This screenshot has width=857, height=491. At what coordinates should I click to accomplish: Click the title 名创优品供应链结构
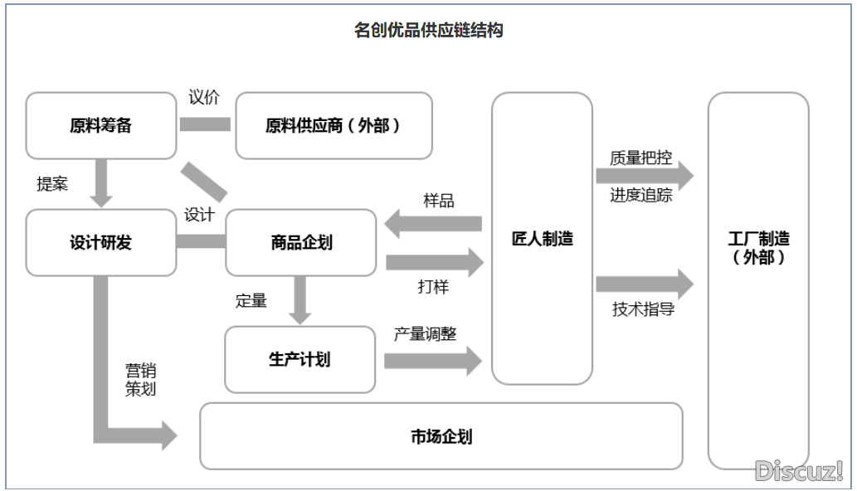tap(428, 31)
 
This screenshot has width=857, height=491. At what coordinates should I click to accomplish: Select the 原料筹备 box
tap(100, 126)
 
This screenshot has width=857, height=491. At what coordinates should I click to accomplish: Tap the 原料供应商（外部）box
tap(334, 126)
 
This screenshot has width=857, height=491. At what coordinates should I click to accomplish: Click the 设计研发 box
tap(100, 243)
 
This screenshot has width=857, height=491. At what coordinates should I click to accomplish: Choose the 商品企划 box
tap(301, 243)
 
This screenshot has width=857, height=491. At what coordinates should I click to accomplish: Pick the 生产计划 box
tap(299, 359)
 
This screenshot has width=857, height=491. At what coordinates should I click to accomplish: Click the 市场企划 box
tap(441, 436)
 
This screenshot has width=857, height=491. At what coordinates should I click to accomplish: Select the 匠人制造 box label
tap(542, 239)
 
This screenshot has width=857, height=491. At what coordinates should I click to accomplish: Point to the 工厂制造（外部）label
tap(758, 248)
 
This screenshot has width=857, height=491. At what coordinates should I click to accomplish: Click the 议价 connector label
tap(204, 98)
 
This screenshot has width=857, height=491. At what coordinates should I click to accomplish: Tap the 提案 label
tap(52, 184)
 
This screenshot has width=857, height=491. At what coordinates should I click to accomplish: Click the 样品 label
tap(438, 201)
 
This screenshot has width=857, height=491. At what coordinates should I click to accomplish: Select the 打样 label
tap(433, 287)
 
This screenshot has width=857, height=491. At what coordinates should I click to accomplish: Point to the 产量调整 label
tap(425, 333)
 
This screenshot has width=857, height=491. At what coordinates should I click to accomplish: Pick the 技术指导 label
tap(643, 309)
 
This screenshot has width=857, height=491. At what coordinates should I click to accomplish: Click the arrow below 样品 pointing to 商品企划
tap(433, 223)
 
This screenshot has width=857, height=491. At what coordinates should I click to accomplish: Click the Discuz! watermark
tap(799, 471)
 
